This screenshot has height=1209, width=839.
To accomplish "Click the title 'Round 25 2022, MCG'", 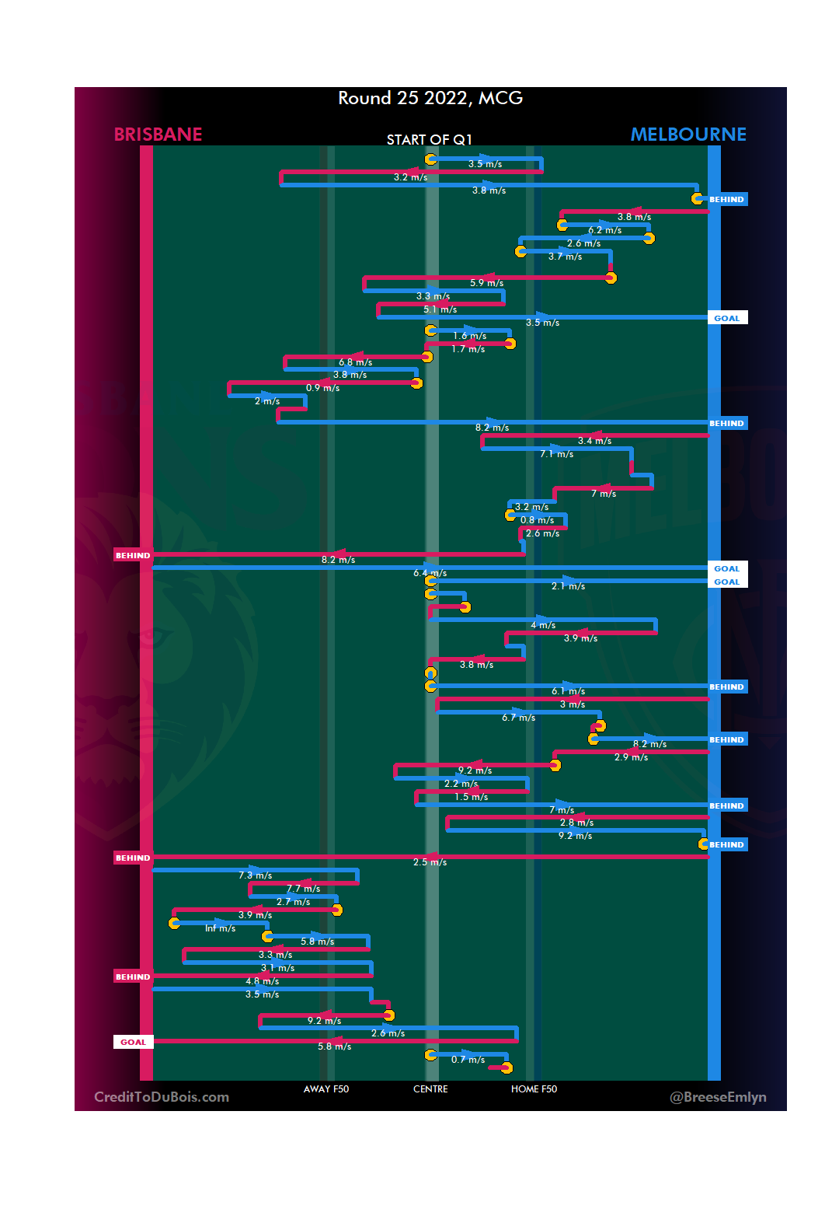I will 430,99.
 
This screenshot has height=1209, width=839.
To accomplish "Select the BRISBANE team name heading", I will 158,135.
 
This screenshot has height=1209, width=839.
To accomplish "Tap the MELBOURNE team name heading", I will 688,135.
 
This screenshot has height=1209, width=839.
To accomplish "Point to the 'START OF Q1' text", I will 430,140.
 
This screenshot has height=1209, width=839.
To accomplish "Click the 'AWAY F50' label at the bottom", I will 326,1089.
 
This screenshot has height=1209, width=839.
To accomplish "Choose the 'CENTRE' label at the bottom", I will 430,1089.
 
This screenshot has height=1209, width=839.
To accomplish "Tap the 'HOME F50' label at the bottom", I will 534,1089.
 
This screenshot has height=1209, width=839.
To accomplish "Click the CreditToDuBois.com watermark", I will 162,1097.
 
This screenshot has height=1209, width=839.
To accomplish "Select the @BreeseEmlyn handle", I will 718,1097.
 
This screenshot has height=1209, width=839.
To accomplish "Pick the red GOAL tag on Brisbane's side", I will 133,1042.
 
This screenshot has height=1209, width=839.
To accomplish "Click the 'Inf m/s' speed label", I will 220,928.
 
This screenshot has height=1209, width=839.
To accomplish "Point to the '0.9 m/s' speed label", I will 322,388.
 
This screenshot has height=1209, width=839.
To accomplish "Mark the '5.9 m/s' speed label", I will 486,283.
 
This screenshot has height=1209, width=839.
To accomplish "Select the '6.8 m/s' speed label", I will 355,362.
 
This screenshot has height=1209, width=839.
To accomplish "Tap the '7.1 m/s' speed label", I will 556,454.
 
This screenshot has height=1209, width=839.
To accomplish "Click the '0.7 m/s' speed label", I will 468,1060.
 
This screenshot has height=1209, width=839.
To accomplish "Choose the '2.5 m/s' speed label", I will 430,862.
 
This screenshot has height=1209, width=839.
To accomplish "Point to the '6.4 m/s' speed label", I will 430,573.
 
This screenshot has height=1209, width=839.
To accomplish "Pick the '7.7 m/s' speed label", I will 303,889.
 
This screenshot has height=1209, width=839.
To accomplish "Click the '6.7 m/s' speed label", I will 518,718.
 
